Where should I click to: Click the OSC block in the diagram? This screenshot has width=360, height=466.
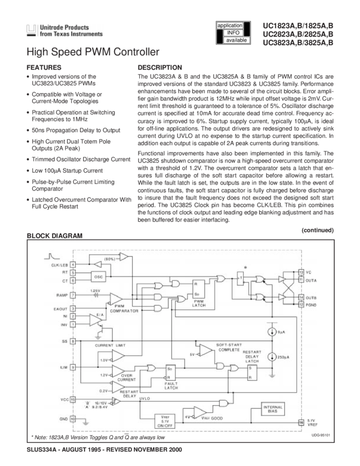click(x=99, y=277)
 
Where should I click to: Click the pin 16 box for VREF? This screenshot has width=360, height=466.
click(x=301, y=422)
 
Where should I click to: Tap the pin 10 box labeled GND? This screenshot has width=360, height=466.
click(x=73, y=418)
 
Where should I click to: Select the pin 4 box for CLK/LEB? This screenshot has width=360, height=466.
click(x=73, y=264)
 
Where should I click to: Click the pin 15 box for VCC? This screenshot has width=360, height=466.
click(x=73, y=400)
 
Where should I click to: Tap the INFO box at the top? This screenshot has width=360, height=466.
click(x=233, y=33)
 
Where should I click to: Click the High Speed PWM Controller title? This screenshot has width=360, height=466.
click(x=93, y=53)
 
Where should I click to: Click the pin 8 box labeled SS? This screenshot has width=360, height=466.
click(x=73, y=341)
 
